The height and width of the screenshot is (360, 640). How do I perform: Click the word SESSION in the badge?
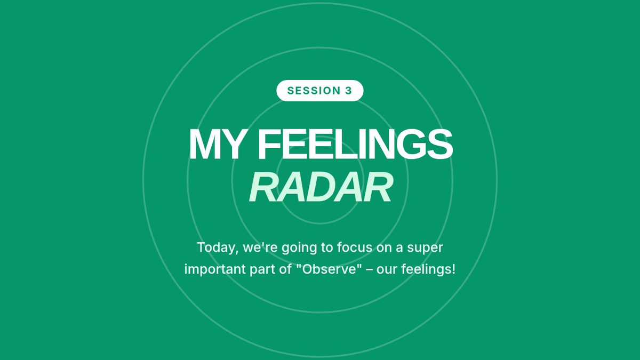(x=314, y=91)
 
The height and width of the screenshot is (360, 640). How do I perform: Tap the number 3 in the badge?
(x=348, y=91)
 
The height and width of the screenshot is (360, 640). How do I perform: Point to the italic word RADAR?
(x=321, y=187)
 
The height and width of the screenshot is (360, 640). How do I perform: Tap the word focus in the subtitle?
(x=355, y=247)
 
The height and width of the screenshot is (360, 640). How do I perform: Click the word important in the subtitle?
(x=215, y=269)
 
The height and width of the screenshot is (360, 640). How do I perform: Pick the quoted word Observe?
(x=330, y=269)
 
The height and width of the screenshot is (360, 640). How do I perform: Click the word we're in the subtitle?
(x=260, y=247)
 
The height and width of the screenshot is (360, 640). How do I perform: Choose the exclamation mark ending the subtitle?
(x=454, y=269)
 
